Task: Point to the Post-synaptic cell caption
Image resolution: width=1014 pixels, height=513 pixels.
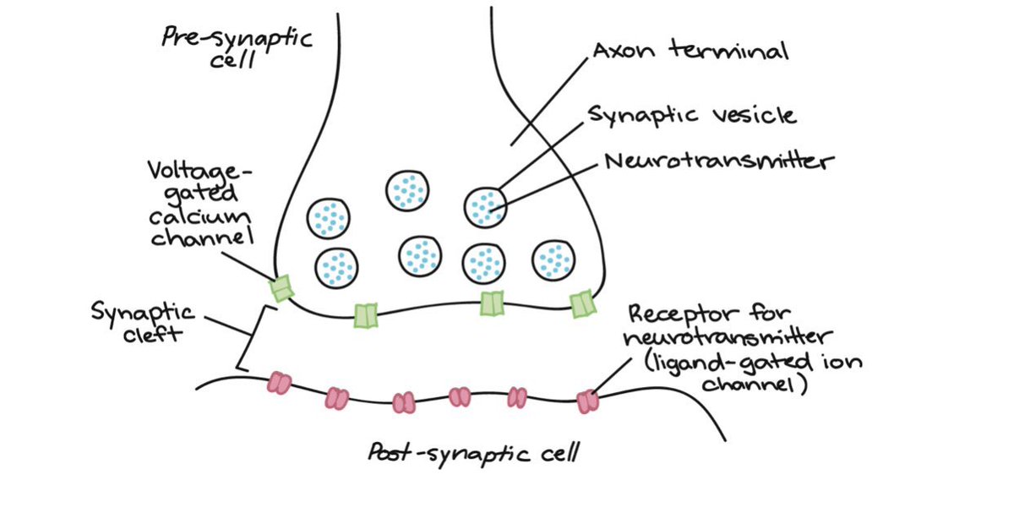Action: [x=474, y=455]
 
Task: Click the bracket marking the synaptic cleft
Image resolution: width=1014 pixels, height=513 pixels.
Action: [x=246, y=338]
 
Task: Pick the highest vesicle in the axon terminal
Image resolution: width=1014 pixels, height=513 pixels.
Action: [x=407, y=191]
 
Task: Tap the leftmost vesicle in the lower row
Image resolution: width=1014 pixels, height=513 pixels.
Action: [x=336, y=267]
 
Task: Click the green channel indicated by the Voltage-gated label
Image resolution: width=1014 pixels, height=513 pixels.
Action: [x=281, y=289]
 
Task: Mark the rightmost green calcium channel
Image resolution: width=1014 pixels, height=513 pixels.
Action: [x=582, y=304]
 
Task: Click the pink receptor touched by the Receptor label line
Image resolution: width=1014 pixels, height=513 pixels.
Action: [x=587, y=401]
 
